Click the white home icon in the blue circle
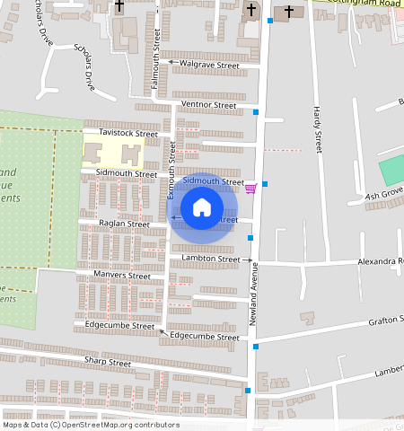pyautogui.click(x=202, y=207)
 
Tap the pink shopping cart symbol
pyautogui.click(x=250, y=188)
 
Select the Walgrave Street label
pyautogui.click(x=209, y=66)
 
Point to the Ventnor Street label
pyautogui.click(x=208, y=105)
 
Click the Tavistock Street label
pyautogui.click(x=127, y=132)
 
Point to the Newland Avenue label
pyautogui.click(x=254, y=295)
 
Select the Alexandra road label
pyautogui.click(x=381, y=261)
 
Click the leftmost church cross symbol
pyautogui.click(x=119, y=7)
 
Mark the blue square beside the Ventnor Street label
pyautogui.click(x=256, y=112)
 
